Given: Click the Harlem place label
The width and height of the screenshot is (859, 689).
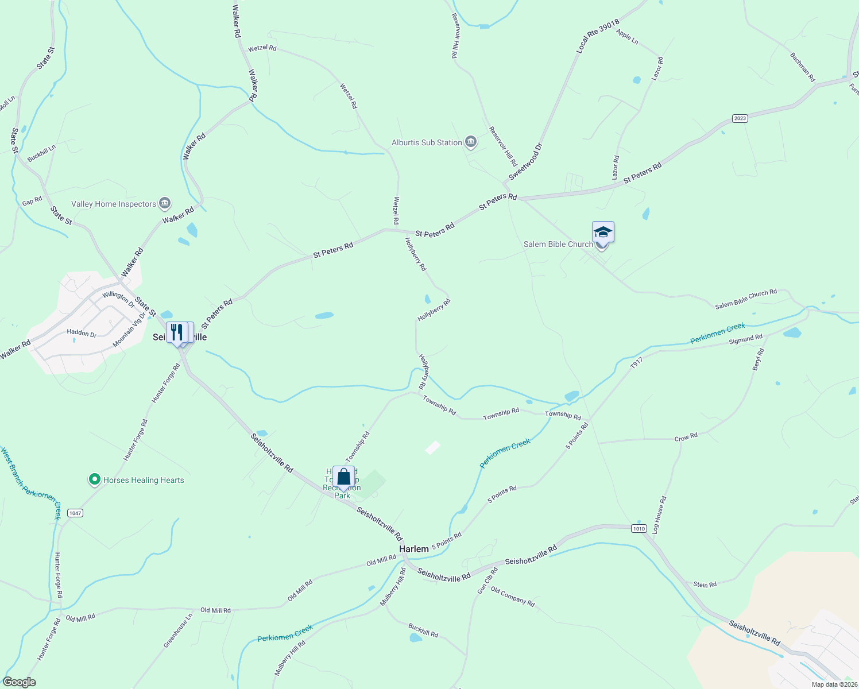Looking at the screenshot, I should point(413,549).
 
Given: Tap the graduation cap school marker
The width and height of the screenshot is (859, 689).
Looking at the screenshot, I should point(603,232).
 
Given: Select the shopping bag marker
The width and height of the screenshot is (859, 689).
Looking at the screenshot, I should point(343,477).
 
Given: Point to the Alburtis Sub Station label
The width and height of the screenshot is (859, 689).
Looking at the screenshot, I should point(427,142).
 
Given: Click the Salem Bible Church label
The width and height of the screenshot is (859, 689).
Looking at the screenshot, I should point(558,244).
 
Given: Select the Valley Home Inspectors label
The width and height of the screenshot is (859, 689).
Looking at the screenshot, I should point(114,204).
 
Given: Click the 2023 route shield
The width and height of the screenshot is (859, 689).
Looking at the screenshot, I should point(740,118).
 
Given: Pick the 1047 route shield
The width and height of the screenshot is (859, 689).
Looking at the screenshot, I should point(75,513).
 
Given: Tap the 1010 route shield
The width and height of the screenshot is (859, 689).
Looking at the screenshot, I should point(639,528).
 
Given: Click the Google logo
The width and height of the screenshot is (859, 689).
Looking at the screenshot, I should point(19,682).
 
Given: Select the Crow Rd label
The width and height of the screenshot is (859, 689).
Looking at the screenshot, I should point(686,437).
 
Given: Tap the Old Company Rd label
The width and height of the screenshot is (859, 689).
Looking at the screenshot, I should point(512,597).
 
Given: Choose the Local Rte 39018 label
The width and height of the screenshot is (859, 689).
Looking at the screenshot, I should point(598,37).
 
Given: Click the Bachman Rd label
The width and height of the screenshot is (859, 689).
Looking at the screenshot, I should point(802,67).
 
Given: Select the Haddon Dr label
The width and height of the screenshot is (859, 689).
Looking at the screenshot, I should point(82,332).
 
